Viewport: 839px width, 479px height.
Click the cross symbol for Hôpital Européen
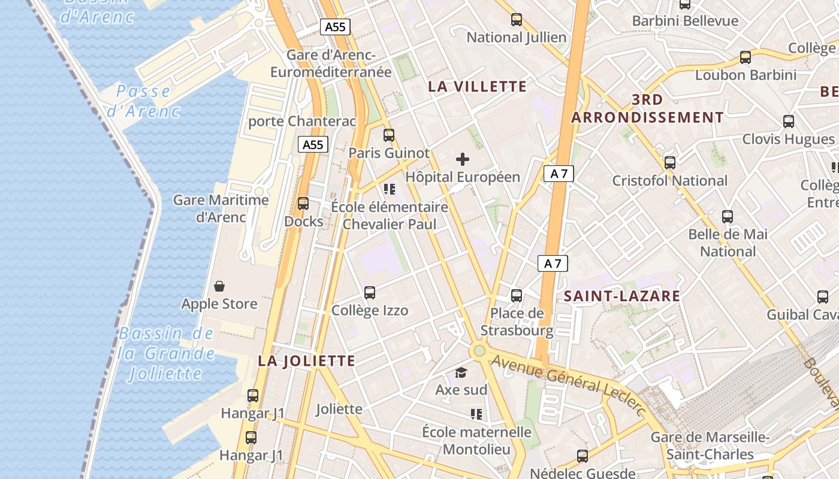pos(463,159)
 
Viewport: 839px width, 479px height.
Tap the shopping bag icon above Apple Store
pos(219,286)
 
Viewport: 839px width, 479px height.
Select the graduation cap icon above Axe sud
pos(461,372)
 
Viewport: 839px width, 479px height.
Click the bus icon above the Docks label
pos(303,204)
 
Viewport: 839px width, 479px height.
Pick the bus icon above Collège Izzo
pos(370,293)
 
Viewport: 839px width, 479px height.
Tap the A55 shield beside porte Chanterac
pos(313,144)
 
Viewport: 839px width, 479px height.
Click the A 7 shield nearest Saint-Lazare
pos(552,263)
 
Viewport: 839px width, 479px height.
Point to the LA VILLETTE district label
pos(477,87)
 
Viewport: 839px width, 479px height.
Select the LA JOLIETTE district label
pos(307,361)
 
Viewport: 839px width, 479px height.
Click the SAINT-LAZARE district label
pos(622,296)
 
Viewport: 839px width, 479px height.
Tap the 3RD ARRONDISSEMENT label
pos(647,108)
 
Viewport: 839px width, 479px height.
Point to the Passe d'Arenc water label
pos(143,101)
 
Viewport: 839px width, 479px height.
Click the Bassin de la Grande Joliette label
pos(166,354)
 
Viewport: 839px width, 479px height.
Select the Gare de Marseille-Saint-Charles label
pos(710,445)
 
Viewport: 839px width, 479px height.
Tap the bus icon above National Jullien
pos(517,20)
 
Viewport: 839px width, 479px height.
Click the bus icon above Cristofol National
pos(670,163)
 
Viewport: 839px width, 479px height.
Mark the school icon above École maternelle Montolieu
pos(476,414)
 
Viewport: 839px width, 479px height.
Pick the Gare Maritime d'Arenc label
pos(221,208)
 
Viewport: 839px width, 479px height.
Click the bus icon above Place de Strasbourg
pos(517,296)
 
